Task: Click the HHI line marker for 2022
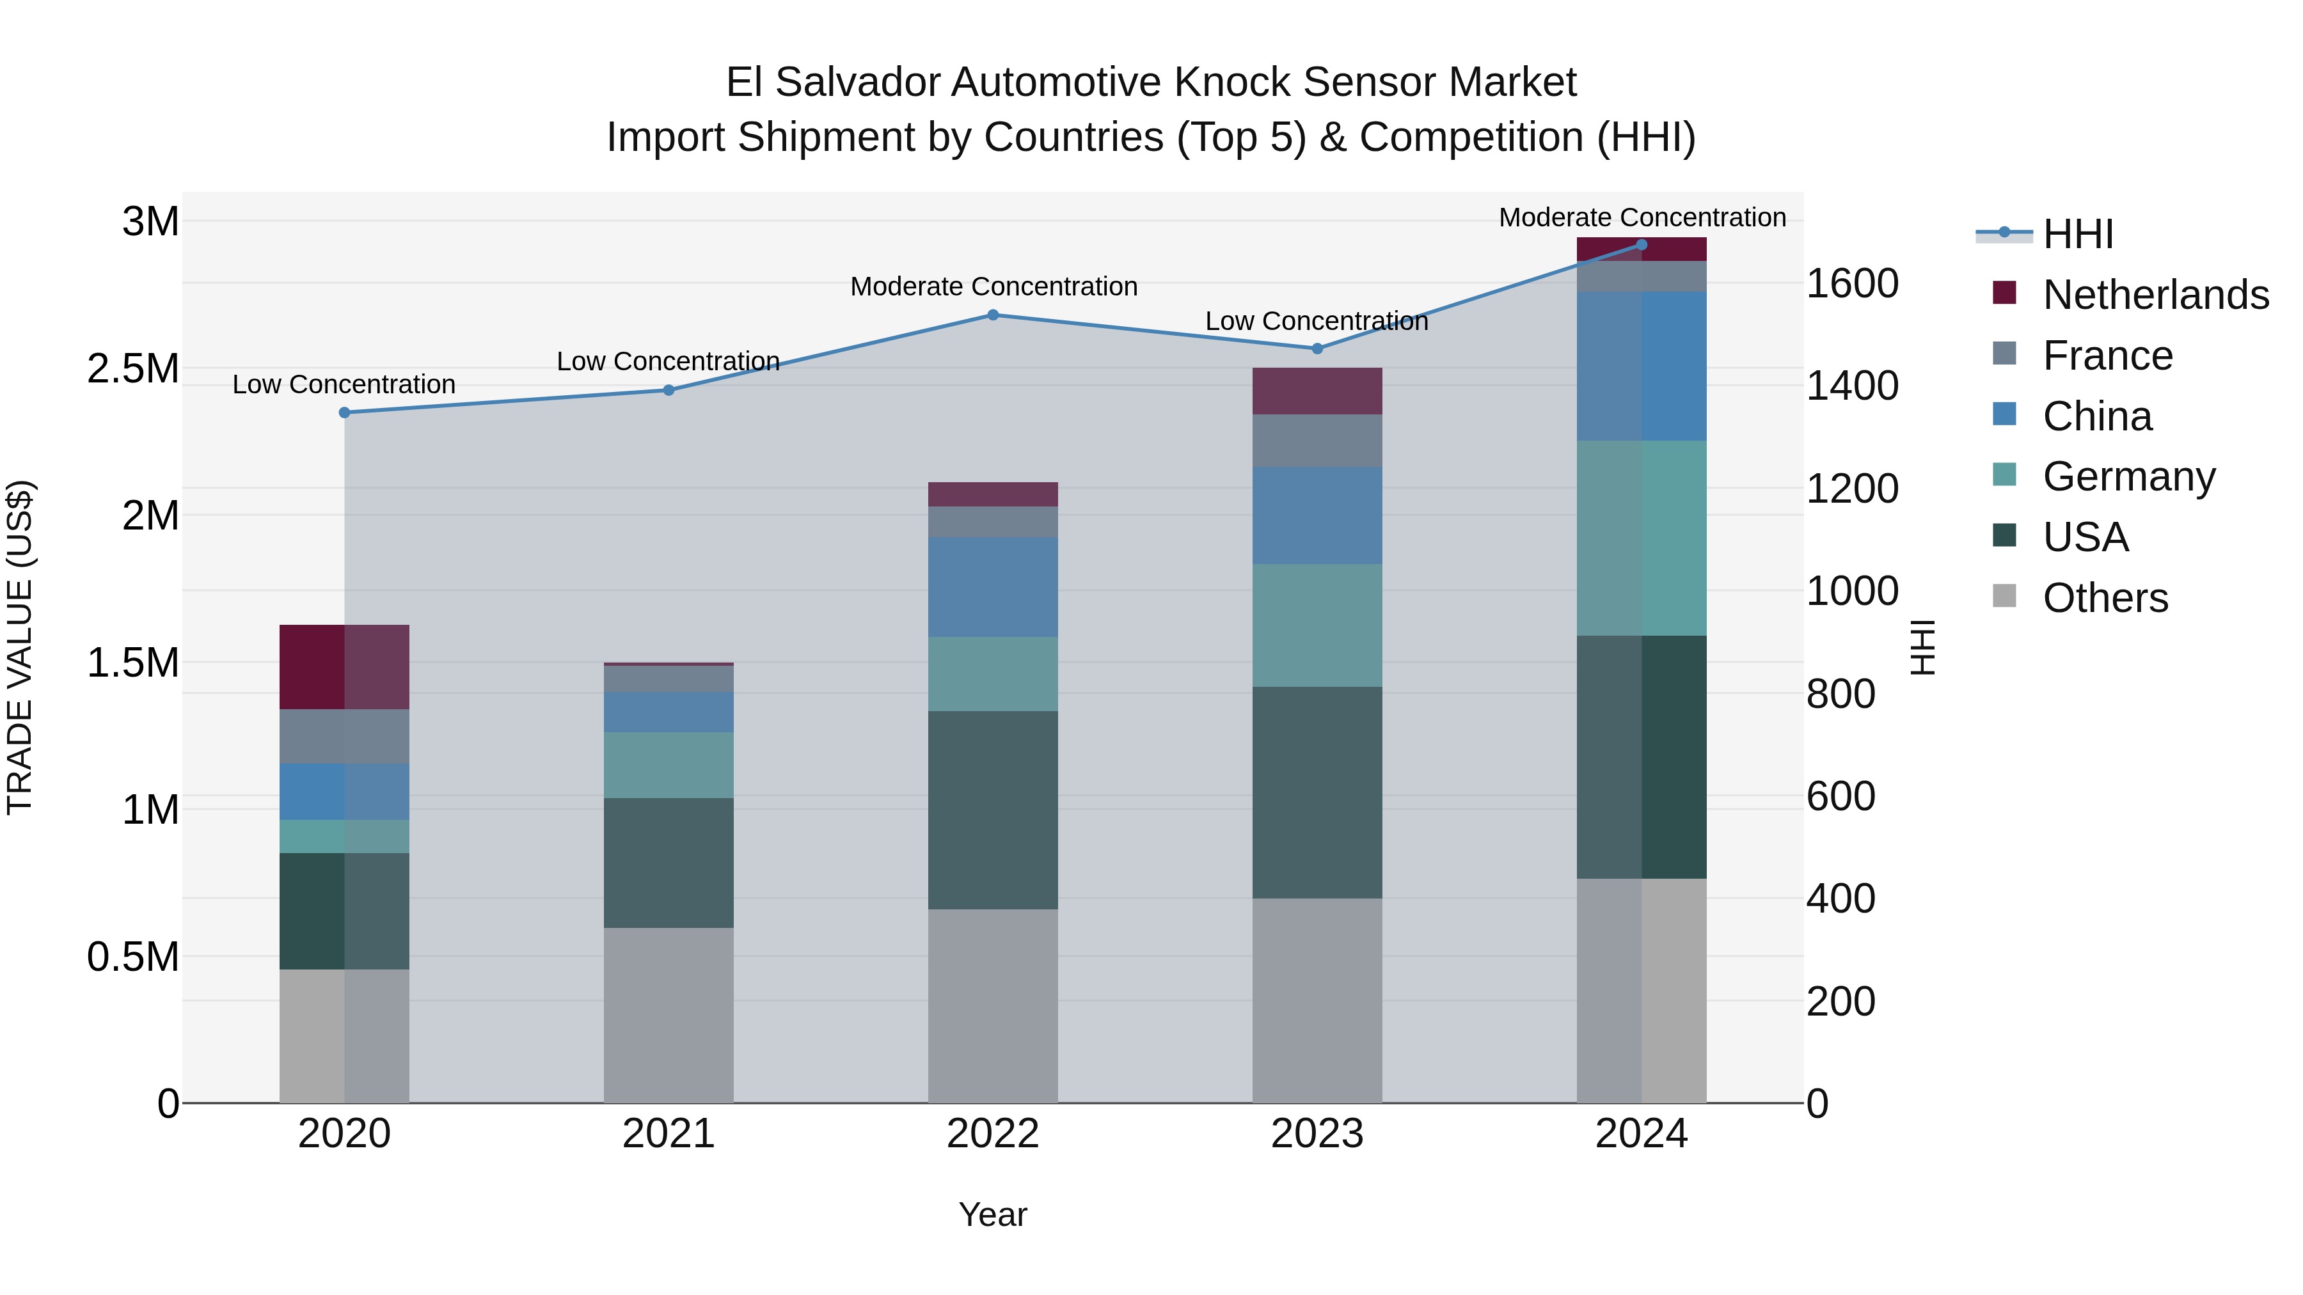(x=992, y=315)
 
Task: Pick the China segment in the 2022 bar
(x=992, y=586)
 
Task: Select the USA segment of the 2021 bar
(x=668, y=863)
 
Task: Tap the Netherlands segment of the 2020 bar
(x=344, y=667)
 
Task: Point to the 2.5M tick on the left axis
(x=132, y=369)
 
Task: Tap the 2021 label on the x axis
(x=668, y=1134)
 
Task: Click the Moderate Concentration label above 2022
(x=993, y=287)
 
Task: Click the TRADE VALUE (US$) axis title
(x=20, y=647)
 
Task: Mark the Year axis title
(x=992, y=1214)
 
